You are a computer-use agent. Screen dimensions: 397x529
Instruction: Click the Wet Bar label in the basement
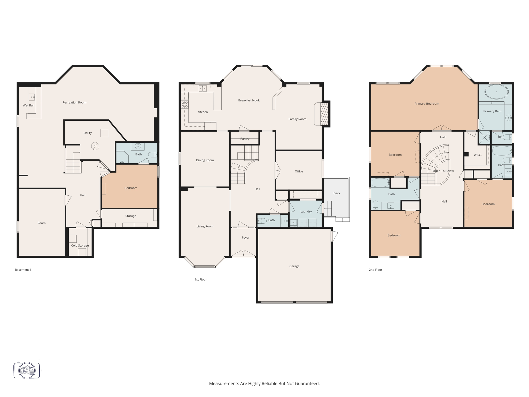tap(28, 105)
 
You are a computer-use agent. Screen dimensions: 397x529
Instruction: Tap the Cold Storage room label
tap(80, 246)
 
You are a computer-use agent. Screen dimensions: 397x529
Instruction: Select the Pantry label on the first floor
tap(245, 139)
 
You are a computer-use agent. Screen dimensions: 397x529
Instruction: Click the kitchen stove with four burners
tap(185, 104)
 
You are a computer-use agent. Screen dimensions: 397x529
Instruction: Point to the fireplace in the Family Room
tap(324, 114)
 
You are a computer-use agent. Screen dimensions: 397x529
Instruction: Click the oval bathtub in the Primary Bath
tap(496, 92)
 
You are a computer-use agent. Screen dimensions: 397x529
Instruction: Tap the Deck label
tap(337, 193)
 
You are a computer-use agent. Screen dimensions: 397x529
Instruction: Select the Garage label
tap(294, 266)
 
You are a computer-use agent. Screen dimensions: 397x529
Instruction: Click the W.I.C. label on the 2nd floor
tap(477, 155)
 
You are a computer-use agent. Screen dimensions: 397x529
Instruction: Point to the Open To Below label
tap(443, 171)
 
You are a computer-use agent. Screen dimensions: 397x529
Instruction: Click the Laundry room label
tap(306, 211)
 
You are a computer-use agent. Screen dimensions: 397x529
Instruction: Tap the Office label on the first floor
tap(299, 171)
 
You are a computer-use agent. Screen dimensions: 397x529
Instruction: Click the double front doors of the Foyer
tap(243, 254)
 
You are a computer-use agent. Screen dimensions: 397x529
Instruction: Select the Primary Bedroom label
tap(426, 104)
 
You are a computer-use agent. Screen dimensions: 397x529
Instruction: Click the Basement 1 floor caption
tap(23, 270)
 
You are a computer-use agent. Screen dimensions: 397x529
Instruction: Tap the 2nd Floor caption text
tap(375, 270)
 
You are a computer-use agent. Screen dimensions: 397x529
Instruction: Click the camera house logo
tap(27, 370)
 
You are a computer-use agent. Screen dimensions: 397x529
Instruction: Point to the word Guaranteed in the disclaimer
tap(307, 384)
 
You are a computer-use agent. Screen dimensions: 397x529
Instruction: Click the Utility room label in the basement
tap(88, 133)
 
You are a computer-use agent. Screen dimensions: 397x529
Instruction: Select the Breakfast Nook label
tap(249, 100)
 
